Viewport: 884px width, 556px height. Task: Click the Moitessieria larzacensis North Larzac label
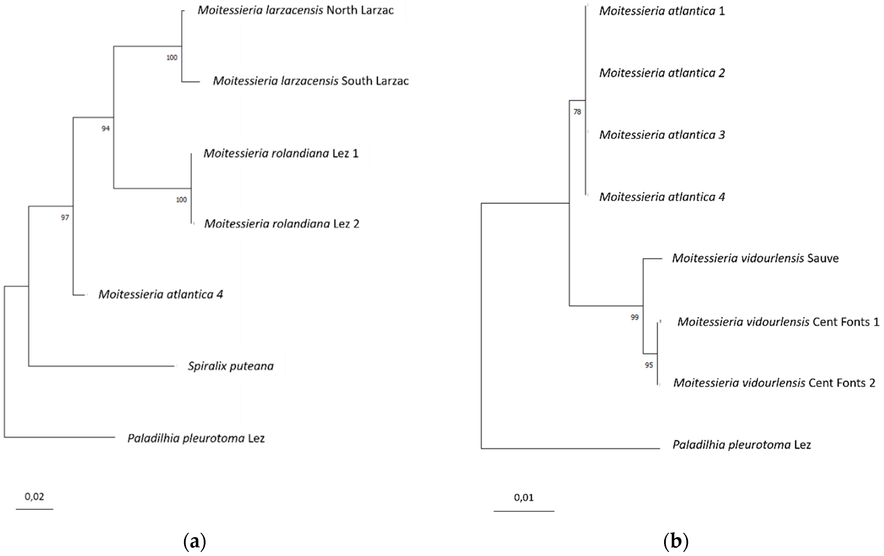click(295, 10)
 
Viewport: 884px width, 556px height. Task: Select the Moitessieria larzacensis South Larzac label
click(311, 81)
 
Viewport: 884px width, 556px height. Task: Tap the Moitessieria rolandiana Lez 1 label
click(281, 153)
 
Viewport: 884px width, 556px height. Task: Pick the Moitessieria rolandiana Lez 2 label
click(282, 224)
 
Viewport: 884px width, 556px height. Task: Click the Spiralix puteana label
click(231, 366)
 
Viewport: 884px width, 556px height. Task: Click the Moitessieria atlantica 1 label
click(662, 11)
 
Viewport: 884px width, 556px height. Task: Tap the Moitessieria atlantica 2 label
click(662, 73)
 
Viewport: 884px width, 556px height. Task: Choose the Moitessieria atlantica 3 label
click(662, 135)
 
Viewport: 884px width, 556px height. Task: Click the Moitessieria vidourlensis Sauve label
click(755, 259)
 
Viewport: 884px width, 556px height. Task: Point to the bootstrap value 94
click(106, 128)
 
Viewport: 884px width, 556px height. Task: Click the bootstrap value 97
click(65, 218)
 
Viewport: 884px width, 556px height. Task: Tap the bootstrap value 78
click(577, 112)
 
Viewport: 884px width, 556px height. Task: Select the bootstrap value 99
click(635, 317)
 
